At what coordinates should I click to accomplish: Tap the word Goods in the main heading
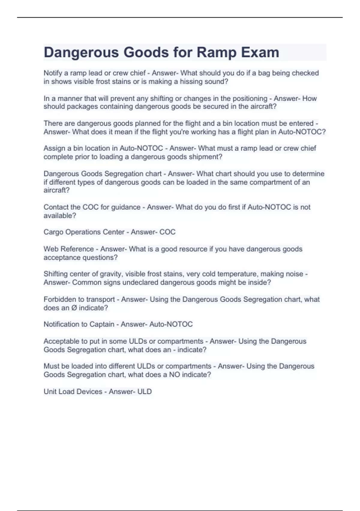pos(143,52)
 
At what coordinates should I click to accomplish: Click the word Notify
pos(53,73)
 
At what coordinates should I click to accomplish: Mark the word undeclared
pos(137,282)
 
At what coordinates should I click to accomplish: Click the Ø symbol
pos(74,308)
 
